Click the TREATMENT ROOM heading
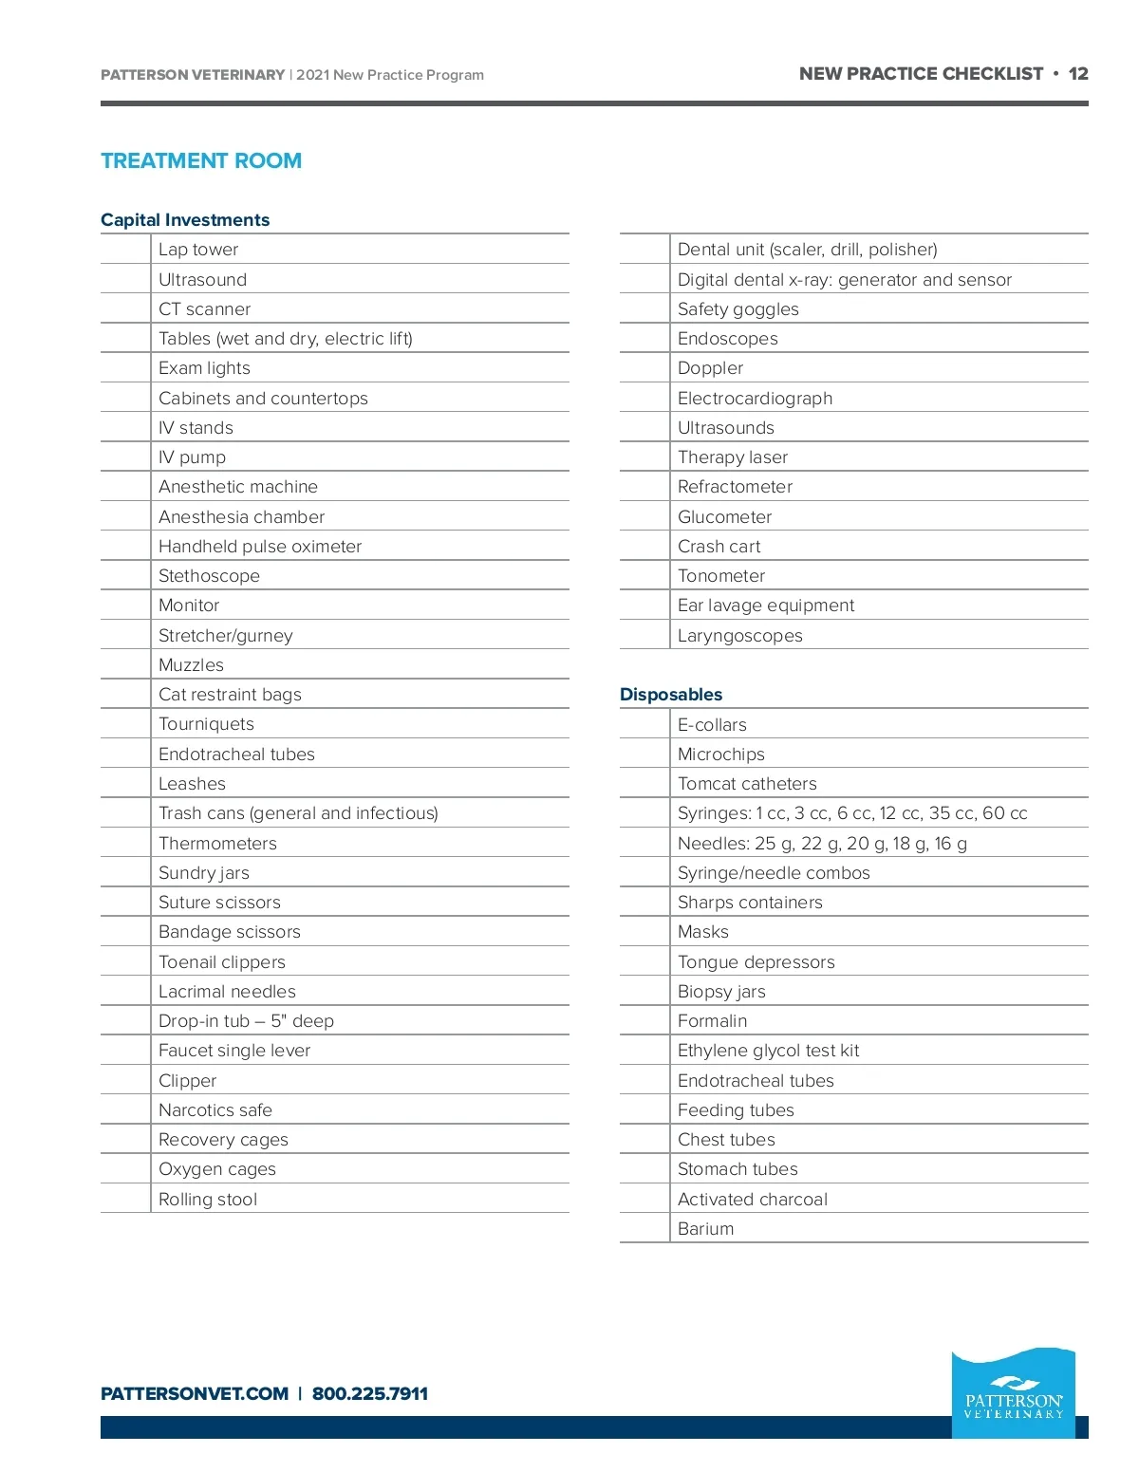coord(201,161)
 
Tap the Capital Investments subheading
coord(185,220)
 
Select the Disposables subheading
coord(671,695)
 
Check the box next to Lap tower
coord(125,250)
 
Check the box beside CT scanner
coord(125,309)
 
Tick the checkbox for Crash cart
coord(644,547)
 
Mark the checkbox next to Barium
coord(644,1229)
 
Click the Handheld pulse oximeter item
coord(260,547)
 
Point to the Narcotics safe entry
coord(215,1110)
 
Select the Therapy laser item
coord(733,457)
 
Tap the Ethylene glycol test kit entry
coord(768,1051)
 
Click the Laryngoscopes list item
coord(739,636)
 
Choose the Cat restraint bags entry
coord(230,695)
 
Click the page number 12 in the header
coord(1078,74)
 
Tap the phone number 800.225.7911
coord(370,1394)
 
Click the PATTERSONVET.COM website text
coord(195,1394)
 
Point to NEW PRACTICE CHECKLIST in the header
coord(921,74)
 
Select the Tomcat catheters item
coord(747,784)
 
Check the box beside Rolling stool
coord(125,1200)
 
